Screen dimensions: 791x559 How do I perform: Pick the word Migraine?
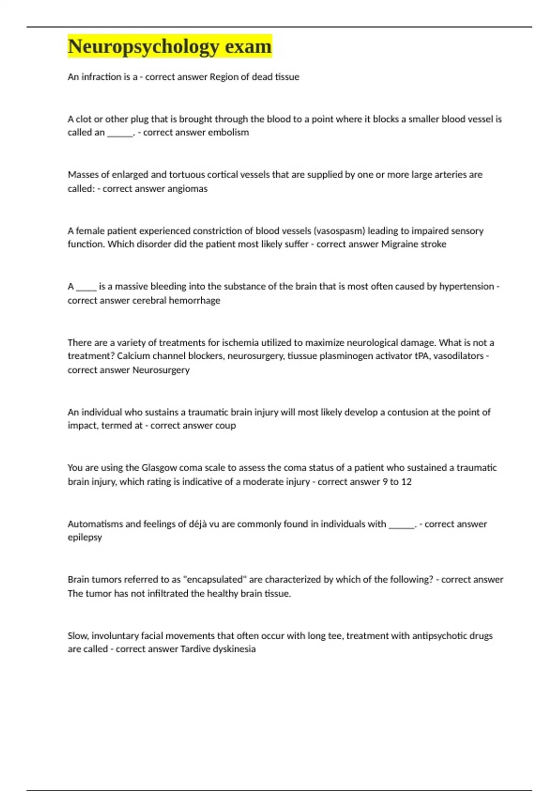click(399, 244)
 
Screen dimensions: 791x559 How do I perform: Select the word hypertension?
click(466, 286)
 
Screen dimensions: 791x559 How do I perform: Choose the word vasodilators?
click(458, 356)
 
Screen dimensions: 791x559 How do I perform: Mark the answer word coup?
click(225, 425)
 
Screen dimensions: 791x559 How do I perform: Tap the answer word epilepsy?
click(84, 537)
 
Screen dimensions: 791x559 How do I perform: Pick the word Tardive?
click(195, 649)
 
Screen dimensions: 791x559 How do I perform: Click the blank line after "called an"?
click(120, 133)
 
